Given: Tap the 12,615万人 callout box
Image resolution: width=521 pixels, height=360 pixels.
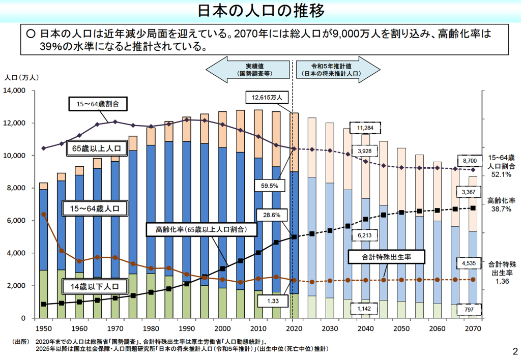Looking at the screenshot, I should [x=270, y=97].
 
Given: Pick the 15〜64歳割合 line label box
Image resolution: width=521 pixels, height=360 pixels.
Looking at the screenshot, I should [x=97, y=104].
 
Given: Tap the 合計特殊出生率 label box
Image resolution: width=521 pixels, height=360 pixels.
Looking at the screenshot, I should [x=387, y=257].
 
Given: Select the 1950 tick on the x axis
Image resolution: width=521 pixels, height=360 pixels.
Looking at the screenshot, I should [x=44, y=328].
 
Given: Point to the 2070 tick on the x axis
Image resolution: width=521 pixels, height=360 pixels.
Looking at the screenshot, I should [x=473, y=328].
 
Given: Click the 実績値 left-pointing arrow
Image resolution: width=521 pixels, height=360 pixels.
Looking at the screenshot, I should [x=249, y=70].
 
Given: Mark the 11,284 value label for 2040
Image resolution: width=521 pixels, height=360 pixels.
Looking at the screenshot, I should [x=365, y=128].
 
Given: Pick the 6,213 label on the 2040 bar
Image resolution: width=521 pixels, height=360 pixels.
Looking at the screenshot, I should [x=365, y=235].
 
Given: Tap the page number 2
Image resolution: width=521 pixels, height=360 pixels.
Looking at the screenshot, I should [x=514, y=351].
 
